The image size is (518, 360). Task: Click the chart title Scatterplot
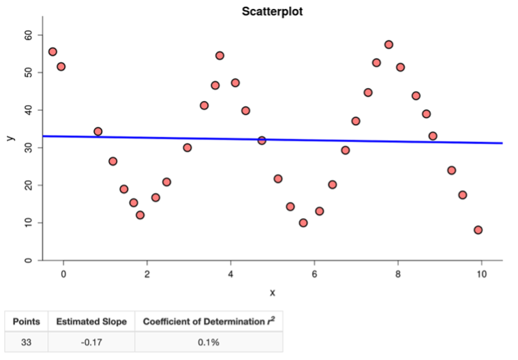[272, 12]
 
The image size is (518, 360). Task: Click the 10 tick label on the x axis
[481, 274]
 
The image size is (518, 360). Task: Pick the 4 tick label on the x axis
[230, 274]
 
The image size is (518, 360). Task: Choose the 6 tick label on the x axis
[314, 274]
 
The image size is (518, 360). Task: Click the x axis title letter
[272, 292]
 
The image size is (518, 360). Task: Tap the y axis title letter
[9, 138]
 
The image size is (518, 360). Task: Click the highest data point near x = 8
[388, 44]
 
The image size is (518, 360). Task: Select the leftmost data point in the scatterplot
[52, 52]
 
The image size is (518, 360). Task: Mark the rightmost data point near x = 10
[478, 230]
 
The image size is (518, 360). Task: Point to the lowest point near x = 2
[140, 215]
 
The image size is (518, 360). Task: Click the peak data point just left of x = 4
[219, 56]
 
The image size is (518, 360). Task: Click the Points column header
[27, 321]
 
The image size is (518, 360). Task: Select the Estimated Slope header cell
[91, 321]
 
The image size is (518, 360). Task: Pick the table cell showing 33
[27, 342]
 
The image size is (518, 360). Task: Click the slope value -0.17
[91, 342]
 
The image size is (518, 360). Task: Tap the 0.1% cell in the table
[208, 342]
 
